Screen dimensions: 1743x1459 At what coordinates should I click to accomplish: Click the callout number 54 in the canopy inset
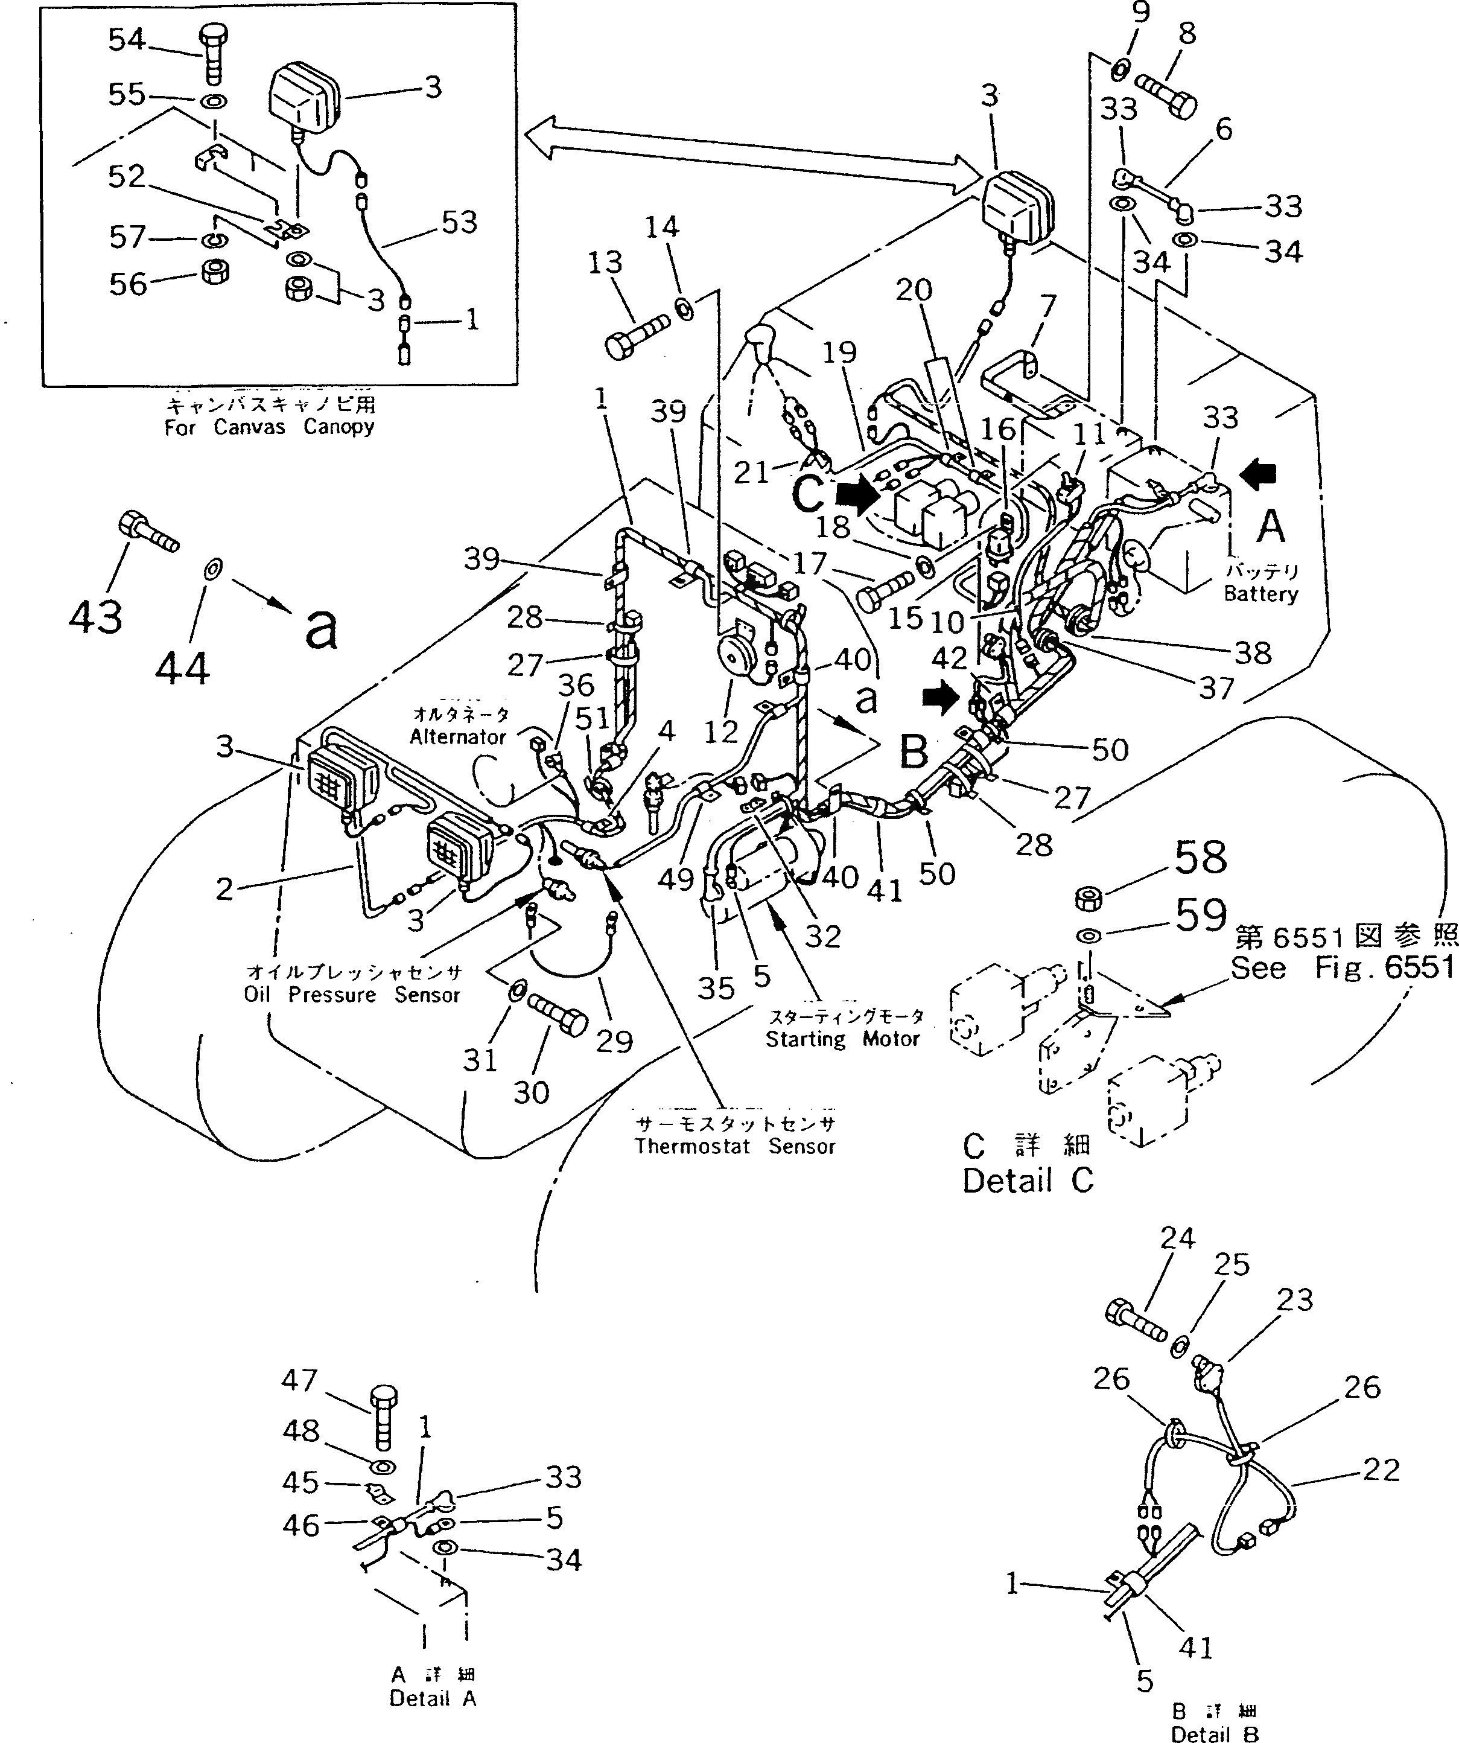point(126,40)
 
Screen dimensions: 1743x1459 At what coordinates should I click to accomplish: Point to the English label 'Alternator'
point(457,737)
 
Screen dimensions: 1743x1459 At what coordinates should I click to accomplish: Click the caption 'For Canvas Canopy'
point(269,427)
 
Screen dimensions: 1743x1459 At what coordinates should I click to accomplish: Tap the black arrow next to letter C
point(857,495)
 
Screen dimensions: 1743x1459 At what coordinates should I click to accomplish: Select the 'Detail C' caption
point(1028,1181)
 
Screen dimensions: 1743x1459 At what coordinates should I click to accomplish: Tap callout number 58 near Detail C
point(1201,858)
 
